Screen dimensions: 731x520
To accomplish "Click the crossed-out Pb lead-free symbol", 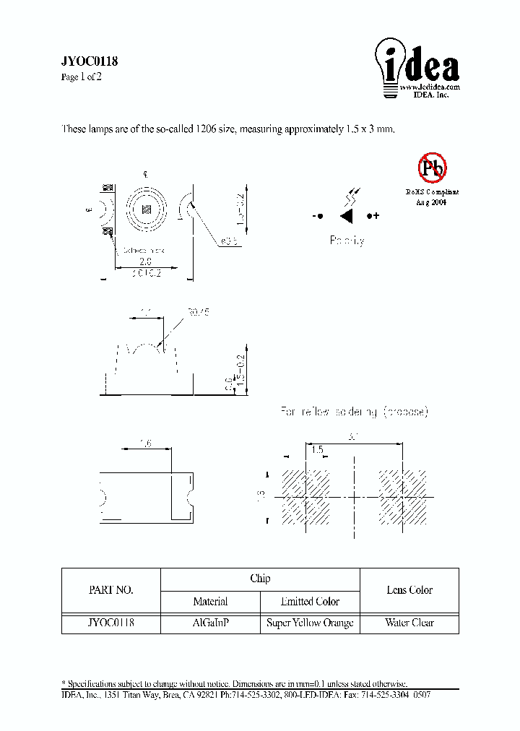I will pyautogui.click(x=432, y=168).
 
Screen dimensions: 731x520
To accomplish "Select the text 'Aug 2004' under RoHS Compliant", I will pyautogui.click(x=431, y=203).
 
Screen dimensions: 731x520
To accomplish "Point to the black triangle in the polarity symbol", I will pyautogui.click(x=347, y=216).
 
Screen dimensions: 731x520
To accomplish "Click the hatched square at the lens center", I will pyautogui.click(x=147, y=209).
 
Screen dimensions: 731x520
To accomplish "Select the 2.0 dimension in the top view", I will pyautogui.click(x=147, y=263).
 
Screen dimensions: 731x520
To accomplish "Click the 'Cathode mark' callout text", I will pyautogui.click(x=144, y=251).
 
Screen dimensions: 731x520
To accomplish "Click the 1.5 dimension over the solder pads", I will pyautogui.click(x=316, y=449).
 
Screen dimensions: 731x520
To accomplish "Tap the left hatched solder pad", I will pyautogui.click(x=305, y=497).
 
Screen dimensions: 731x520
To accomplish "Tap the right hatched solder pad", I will pyautogui.click(x=402, y=497).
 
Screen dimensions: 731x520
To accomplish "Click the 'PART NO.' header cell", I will pyautogui.click(x=110, y=590).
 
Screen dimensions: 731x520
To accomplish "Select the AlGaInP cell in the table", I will pyautogui.click(x=210, y=623).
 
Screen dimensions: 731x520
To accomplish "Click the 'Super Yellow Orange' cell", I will pyautogui.click(x=310, y=623).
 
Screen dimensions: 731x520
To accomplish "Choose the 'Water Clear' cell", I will pyautogui.click(x=409, y=623).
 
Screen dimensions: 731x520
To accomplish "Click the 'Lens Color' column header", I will pyautogui.click(x=409, y=590).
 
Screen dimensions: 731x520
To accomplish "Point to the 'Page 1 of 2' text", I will pyautogui.click(x=81, y=77).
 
